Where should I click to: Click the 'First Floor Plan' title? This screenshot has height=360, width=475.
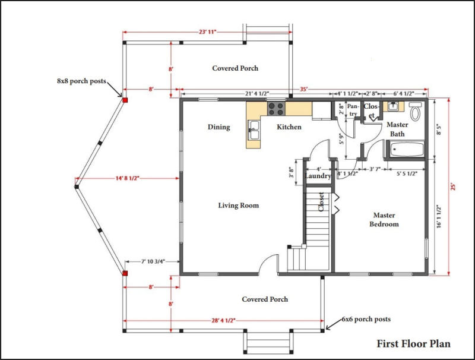413,343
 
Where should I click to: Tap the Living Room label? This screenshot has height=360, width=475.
239,206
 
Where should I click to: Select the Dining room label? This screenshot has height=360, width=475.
218,127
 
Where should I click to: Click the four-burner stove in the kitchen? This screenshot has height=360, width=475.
276,109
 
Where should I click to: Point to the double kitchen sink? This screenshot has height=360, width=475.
254,130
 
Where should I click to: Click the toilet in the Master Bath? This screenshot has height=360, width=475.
415,112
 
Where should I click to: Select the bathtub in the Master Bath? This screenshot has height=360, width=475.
407,149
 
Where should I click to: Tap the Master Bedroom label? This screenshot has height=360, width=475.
384,220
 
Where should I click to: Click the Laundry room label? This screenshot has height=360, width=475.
318,176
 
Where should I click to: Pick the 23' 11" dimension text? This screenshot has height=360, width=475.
207,32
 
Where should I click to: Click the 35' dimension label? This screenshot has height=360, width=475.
304,89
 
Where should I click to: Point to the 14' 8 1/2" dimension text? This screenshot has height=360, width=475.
127,178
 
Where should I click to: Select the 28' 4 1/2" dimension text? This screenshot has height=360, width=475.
223,321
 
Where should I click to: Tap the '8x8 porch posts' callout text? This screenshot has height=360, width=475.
81,81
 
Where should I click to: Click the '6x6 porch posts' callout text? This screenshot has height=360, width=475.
366,319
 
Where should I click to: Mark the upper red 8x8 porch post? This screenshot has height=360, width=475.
125,100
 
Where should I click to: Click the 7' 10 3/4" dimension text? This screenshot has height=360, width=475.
153,261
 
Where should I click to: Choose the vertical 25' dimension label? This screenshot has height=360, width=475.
453,187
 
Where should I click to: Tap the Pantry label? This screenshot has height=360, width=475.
353,110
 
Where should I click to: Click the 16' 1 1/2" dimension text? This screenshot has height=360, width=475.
439,216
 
